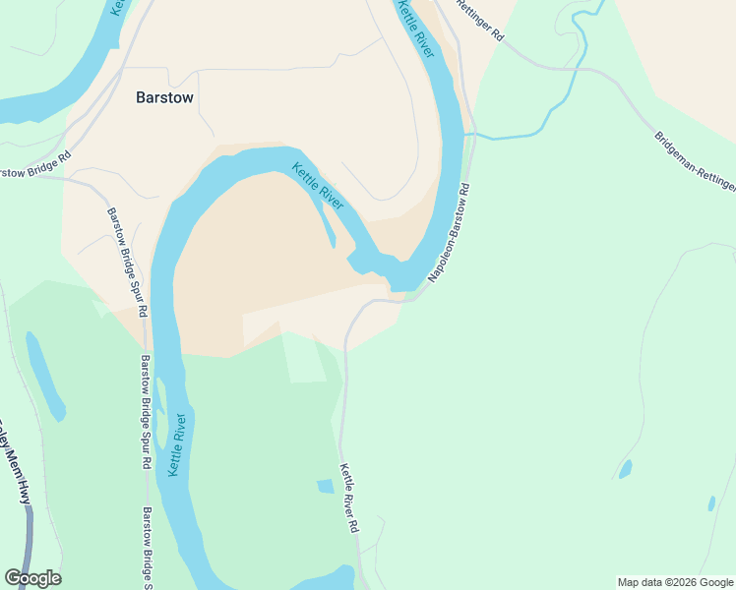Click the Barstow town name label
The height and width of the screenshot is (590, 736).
164,98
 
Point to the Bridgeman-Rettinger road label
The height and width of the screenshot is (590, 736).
694,162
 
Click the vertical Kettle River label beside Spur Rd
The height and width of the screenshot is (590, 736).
178,446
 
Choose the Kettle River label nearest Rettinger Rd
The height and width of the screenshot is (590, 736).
415,28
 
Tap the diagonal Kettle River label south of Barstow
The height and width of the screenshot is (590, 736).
318,186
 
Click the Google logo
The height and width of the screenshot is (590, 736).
32,578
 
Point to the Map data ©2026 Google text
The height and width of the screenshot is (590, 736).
675,582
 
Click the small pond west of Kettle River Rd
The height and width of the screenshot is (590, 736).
326,486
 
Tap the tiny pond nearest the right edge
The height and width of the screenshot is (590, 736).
711,503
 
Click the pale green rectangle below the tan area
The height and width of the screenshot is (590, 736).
304,359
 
